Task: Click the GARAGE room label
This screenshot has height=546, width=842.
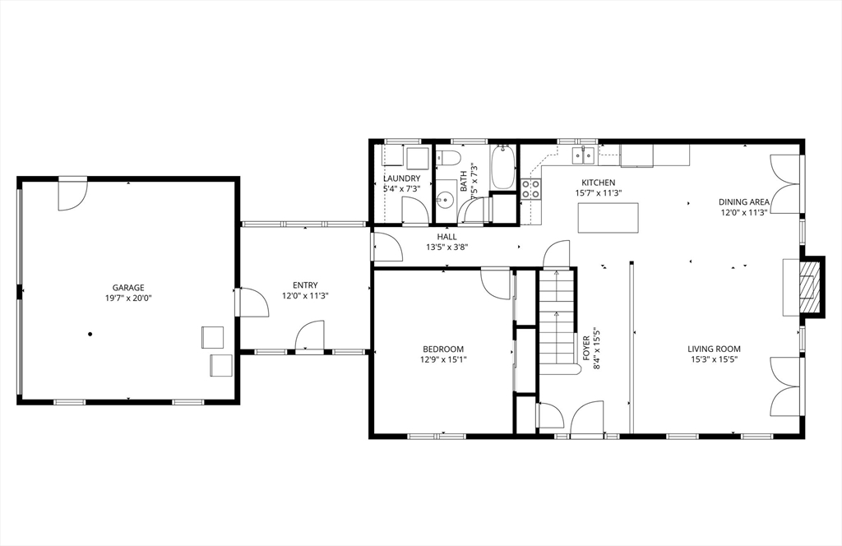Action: tap(128, 288)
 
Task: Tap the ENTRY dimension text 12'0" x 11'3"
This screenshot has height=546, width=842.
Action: tap(305, 296)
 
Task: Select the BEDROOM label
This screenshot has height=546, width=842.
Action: tap(443, 349)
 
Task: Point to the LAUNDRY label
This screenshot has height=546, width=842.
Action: tap(401, 178)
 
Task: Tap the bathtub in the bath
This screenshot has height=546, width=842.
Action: tap(502, 167)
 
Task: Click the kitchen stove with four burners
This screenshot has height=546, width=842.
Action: tap(530, 189)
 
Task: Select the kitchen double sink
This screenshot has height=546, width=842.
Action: tap(583, 155)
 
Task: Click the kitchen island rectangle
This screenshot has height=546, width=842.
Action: tap(608, 217)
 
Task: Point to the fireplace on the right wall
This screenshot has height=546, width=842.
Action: tap(809, 287)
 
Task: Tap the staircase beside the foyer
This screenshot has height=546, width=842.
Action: tap(557, 320)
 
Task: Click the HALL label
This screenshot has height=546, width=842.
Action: tap(446, 237)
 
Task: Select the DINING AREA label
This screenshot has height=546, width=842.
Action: tap(744, 201)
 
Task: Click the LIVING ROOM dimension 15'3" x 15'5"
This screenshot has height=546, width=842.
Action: tap(715, 359)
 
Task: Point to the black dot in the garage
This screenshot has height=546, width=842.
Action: tap(90, 334)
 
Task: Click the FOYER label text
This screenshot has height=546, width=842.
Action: tap(585, 347)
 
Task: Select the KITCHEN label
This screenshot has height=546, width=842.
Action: tap(599, 183)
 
